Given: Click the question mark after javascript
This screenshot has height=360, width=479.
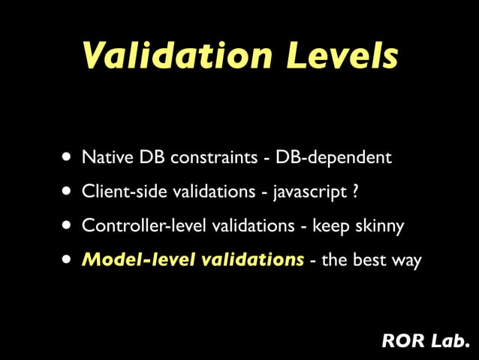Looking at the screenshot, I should pos(354,192).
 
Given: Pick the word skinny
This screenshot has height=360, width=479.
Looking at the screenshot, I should pos(379,226).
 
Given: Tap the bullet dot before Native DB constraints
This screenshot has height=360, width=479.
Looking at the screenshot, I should pos(68,158).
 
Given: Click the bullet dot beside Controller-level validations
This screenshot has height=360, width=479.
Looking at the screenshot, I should pos(68,225).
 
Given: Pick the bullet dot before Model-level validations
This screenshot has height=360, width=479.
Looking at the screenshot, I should pos(68,260).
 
